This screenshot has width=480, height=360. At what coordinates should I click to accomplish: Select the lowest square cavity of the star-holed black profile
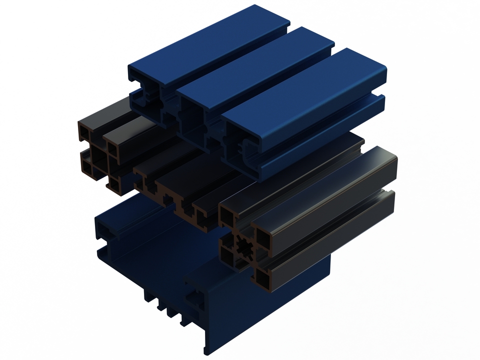[x=263, y=276]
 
